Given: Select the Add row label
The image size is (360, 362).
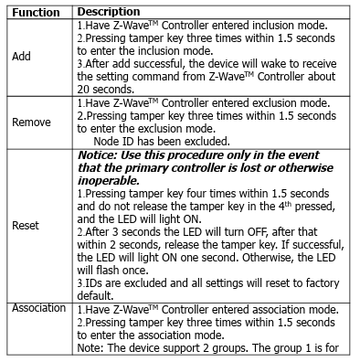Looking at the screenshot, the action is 21,56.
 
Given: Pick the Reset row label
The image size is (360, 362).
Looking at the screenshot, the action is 26,224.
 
